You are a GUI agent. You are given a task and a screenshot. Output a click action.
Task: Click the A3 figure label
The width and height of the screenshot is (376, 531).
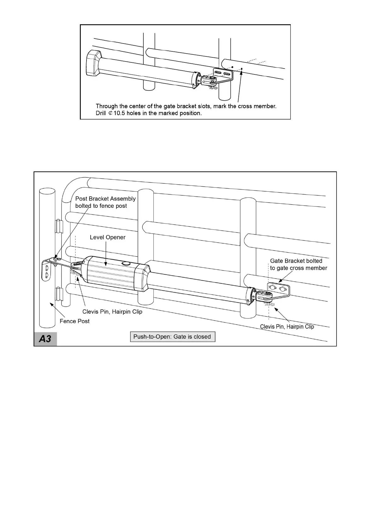[x=45, y=339]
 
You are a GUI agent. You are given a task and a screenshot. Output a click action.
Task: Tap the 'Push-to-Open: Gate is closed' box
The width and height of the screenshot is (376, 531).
[x=172, y=336]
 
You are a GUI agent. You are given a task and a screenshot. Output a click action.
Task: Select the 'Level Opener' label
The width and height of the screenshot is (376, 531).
[x=107, y=237]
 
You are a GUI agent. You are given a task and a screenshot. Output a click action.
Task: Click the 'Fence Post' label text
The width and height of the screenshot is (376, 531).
[x=75, y=321]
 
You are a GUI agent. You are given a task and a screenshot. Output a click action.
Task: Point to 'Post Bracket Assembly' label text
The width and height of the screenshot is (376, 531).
[x=105, y=199]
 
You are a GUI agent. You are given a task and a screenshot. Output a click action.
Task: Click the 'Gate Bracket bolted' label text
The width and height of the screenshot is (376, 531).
[x=296, y=261]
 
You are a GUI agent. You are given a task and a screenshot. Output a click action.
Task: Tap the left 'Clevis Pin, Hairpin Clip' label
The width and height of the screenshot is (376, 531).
[x=112, y=312]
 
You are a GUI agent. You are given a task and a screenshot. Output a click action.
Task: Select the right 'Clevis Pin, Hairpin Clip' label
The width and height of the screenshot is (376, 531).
[x=287, y=326]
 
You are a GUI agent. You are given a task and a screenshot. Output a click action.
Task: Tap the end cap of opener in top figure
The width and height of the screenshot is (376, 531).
[x=93, y=63]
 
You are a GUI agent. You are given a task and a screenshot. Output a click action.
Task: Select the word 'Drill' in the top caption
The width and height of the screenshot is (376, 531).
[x=101, y=113]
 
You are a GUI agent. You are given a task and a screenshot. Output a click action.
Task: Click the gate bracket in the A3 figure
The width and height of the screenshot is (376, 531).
[x=278, y=289]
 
